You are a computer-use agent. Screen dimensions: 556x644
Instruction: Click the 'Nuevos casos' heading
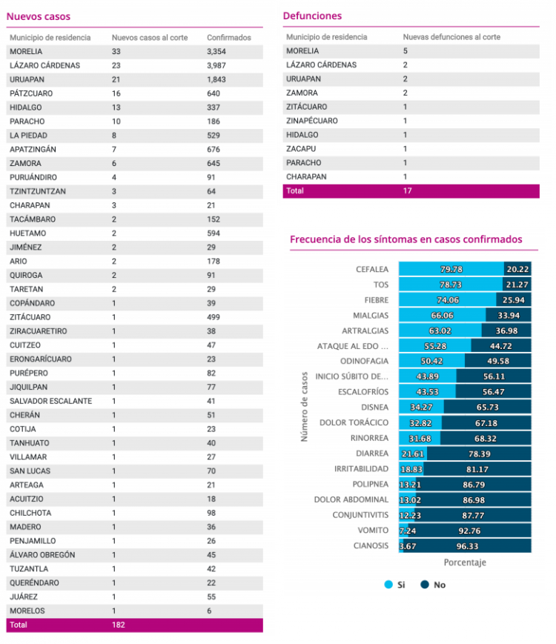pos(39,16)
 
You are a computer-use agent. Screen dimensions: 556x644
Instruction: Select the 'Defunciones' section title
pos(312,16)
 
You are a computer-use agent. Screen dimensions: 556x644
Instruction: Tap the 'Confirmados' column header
pos(229,37)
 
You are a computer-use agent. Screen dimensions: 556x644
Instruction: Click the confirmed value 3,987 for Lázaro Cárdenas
pos(216,65)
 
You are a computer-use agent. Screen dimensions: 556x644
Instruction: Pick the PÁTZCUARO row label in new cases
pos(31,93)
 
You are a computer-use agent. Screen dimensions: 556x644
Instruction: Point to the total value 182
pos(119,625)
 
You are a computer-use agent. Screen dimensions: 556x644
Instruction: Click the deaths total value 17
pos(407,190)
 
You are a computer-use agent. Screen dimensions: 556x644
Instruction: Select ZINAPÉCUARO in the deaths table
pos(312,121)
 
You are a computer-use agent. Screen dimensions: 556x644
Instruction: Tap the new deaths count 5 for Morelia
pos(406,51)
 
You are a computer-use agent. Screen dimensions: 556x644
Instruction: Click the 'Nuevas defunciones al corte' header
pos(451,37)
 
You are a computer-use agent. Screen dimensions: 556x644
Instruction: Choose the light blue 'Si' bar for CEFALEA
pos(451,269)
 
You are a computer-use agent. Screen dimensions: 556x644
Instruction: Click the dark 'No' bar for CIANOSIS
pos(467,546)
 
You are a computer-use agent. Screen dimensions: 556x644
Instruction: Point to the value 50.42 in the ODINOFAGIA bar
pos(431,361)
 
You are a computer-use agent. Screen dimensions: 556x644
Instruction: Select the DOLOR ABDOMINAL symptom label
pos(351,499)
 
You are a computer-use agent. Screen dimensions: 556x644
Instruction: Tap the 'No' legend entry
pos(433,585)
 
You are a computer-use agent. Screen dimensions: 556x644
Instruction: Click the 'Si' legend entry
pos(394,585)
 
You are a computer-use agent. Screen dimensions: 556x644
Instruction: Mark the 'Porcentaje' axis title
pos(465,562)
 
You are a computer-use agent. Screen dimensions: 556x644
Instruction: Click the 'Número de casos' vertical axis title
pos(304,407)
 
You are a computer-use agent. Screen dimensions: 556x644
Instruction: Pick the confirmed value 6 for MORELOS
pos(209,611)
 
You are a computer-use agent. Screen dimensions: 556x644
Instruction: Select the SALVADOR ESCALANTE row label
pos(51,401)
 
